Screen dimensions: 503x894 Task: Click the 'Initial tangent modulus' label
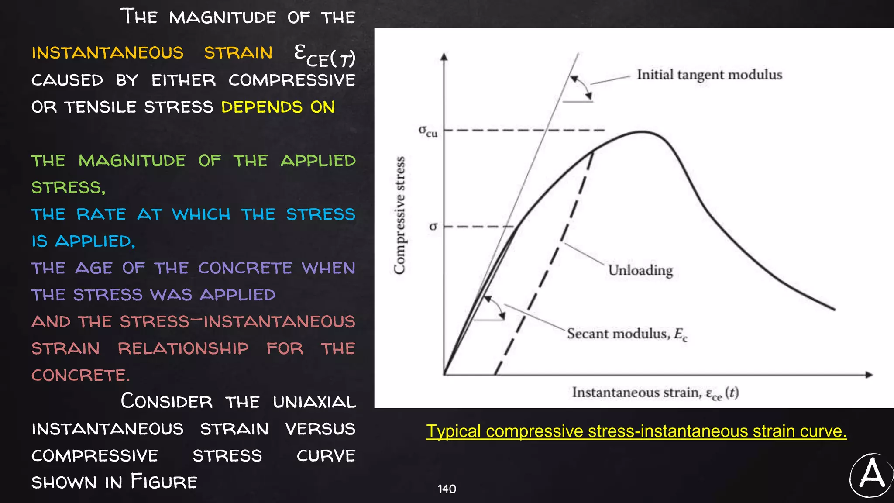709,75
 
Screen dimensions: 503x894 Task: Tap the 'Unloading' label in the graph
640,270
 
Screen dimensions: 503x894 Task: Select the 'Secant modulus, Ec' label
627,334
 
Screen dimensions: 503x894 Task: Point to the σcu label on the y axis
428,131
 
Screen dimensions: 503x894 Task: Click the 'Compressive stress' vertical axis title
399,215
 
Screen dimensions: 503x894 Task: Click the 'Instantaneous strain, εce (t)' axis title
655,393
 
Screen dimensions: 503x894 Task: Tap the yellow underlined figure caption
636,431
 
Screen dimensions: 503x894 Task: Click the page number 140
447,489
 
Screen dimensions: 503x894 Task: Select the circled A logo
871,475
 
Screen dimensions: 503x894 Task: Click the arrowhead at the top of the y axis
444,56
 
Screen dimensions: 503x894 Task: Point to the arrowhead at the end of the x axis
869,375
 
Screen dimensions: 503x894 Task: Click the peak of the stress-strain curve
642,132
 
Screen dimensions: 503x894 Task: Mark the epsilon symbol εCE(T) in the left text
324,56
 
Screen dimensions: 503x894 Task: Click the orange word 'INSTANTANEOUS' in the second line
107,53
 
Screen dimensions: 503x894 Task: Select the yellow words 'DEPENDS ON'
278,107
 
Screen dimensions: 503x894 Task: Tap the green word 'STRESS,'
68,188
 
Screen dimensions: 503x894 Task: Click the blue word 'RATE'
101,215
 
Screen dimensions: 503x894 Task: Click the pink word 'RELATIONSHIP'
183,349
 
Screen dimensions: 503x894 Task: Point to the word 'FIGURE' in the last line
164,482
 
